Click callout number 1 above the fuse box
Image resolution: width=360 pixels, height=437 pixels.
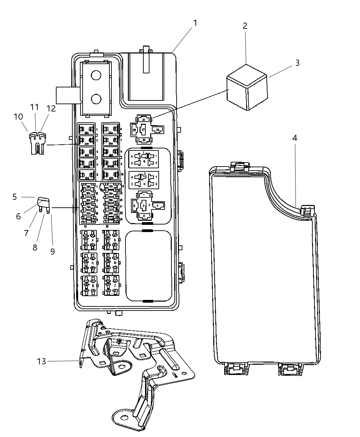[x=195, y=23]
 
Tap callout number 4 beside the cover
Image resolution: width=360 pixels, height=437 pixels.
[x=295, y=138]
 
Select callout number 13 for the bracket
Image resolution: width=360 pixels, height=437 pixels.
[x=41, y=361]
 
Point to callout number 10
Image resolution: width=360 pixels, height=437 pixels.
[x=18, y=117]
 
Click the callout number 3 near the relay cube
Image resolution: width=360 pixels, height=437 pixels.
[x=297, y=63]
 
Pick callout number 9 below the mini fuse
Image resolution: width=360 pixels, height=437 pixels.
[x=52, y=251]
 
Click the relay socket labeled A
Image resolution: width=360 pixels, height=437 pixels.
[x=89, y=240]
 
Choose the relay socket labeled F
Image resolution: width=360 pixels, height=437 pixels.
[x=111, y=286]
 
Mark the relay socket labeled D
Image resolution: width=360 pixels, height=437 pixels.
[x=111, y=263]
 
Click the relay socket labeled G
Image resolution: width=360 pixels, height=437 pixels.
[x=144, y=159]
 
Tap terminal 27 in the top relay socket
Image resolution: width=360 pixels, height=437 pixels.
[x=144, y=130]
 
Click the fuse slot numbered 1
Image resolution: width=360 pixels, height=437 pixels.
[x=87, y=130]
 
